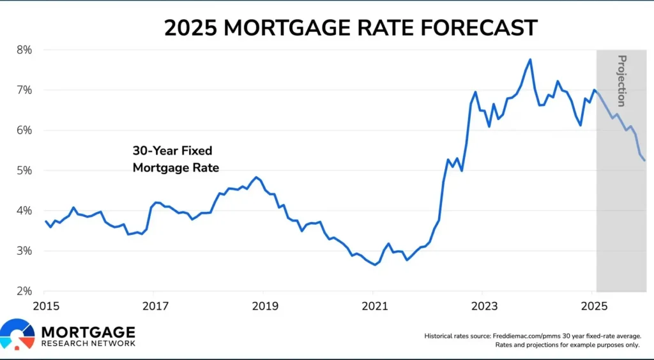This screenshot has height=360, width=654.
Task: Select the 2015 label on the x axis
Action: coord(45,306)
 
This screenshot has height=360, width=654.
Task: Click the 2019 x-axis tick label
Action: coord(264,306)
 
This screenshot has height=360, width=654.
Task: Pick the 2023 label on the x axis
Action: coord(483,306)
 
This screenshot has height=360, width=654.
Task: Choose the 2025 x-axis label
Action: coord(593,306)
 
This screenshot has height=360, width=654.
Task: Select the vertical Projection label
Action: coord(621,80)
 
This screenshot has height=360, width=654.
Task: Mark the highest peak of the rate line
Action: coord(530,59)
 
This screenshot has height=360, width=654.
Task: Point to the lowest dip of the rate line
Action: coord(375,264)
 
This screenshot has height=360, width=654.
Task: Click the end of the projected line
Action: coord(644,160)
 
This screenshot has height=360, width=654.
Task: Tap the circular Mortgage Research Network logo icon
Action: coord(17,335)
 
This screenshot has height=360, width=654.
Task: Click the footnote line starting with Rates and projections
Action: coord(568,345)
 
